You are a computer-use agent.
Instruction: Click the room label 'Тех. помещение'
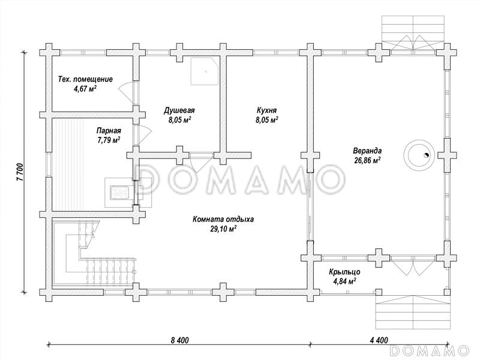coord(85,79)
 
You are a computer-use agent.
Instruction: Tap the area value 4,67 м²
coord(85,89)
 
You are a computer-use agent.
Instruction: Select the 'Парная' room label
coord(109,130)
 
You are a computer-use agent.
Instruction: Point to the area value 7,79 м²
coord(109,140)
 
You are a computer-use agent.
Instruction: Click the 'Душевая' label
coord(179,110)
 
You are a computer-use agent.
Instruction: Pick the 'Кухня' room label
coord(266,110)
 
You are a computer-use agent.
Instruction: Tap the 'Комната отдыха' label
coord(223,219)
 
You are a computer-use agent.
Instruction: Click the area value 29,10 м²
coord(223,229)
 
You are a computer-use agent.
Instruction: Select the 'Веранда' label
coord(368,151)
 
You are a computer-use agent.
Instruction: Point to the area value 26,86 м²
coord(368,161)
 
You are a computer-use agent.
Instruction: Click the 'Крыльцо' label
coord(344,271)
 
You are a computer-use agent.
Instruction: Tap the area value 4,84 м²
coord(344,281)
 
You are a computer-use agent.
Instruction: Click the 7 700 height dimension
coord(19,172)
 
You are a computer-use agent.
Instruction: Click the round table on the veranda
coord(418,155)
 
